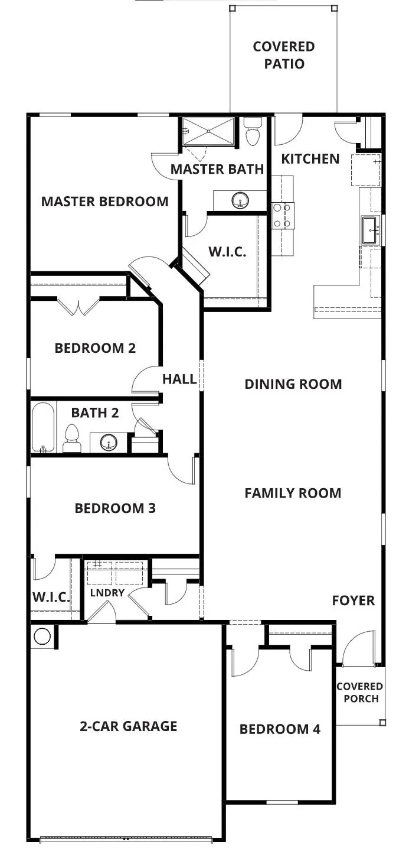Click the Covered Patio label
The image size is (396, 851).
(x=284, y=55)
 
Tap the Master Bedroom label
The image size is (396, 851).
(x=104, y=202)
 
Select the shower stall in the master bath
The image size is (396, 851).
(x=208, y=131)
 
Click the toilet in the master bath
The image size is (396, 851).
(x=252, y=131)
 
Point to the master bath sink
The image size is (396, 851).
(x=240, y=200)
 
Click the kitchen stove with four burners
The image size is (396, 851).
(x=283, y=215)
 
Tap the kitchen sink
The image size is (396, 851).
(x=371, y=230)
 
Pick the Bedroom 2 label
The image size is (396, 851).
(x=95, y=348)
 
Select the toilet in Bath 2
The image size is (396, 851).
(x=71, y=439)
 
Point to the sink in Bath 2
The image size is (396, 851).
(x=109, y=442)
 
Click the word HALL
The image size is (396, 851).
(x=179, y=379)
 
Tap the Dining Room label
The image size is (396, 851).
(x=293, y=384)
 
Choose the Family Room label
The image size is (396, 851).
(x=293, y=493)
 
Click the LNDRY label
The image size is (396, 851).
(x=107, y=593)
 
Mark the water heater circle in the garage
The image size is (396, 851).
(x=42, y=636)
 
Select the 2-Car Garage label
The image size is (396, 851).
(x=129, y=726)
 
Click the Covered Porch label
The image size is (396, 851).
(x=359, y=692)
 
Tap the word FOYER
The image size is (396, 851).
(x=354, y=600)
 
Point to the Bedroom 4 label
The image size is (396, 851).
(x=280, y=729)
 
